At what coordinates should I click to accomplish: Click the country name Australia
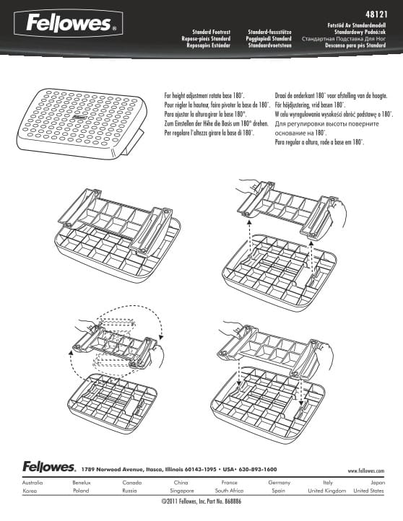[x=32, y=482]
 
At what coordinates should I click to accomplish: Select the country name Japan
[x=377, y=482]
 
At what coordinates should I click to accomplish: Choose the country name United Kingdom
[x=326, y=490]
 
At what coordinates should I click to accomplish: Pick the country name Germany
[x=279, y=482]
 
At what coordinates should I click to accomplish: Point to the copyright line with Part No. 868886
[x=201, y=501]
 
